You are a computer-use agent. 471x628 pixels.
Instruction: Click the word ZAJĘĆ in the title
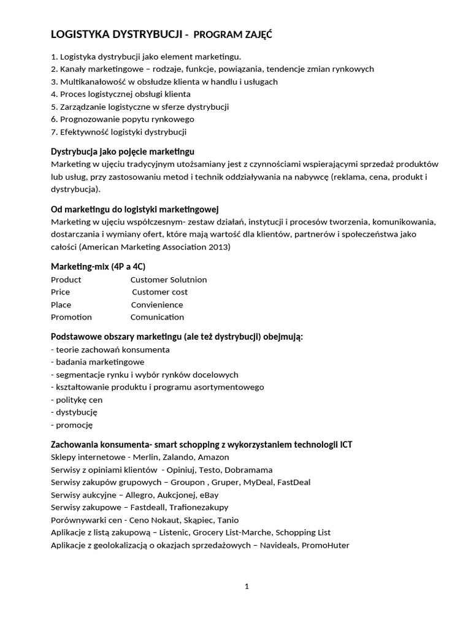[258, 36]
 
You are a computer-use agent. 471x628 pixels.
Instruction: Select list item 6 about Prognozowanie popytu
[123, 119]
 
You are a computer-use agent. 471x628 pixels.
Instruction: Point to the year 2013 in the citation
[218, 247]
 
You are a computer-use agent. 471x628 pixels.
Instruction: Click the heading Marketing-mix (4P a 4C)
[98, 267]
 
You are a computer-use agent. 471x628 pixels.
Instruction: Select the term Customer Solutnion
[169, 280]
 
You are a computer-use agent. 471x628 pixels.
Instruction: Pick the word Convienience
[157, 305]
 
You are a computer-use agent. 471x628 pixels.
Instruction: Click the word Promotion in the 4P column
[71, 317]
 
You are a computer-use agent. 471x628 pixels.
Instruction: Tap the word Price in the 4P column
[60, 292]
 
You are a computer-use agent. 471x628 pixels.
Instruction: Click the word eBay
[209, 495]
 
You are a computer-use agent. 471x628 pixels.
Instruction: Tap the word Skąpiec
[202, 520]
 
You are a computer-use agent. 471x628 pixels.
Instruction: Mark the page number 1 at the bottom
[247, 586]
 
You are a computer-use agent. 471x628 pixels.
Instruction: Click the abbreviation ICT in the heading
[346, 444]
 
